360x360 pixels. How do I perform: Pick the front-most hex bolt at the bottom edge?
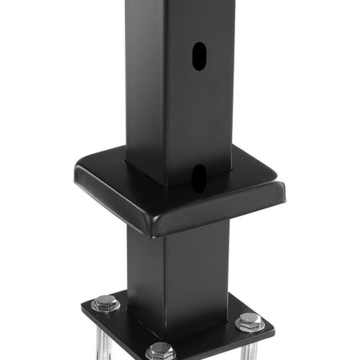point(161,352)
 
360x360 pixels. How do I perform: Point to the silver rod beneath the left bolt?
point(103,338)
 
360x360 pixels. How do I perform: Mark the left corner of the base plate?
point(84,308)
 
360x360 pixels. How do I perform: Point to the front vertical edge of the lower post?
point(166,276)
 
